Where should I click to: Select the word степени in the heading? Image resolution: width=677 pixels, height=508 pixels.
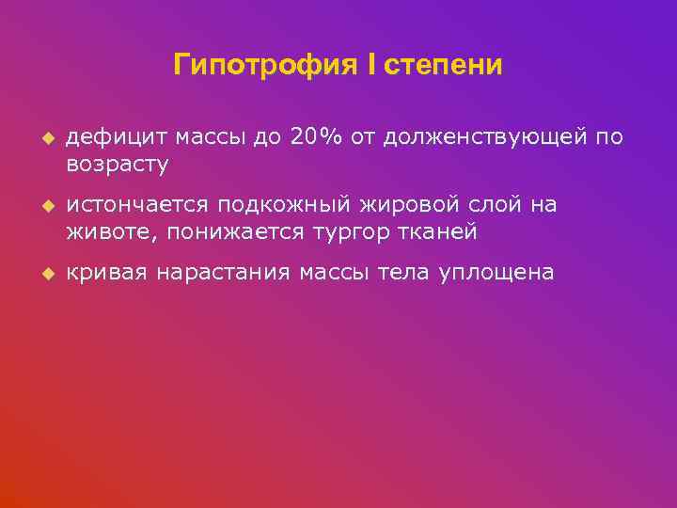pyautogui.click(x=444, y=66)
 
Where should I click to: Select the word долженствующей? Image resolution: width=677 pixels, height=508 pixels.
pyautogui.click(x=482, y=138)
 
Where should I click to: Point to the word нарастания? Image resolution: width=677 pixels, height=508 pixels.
pyautogui.click(x=223, y=273)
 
